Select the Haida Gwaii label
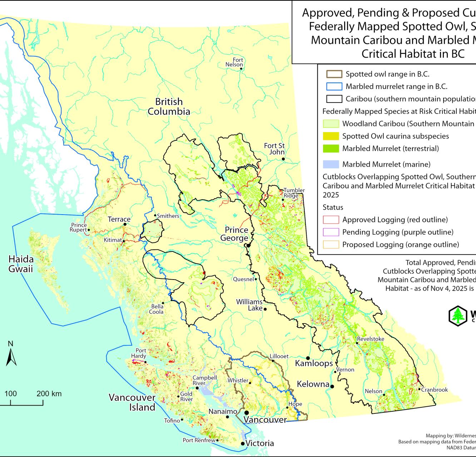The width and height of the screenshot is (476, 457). [x=21, y=264]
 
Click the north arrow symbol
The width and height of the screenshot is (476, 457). [x=11, y=353]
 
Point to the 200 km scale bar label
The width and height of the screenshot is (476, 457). [x=49, y=394]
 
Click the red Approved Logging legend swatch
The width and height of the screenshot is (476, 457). [x=331, y=220]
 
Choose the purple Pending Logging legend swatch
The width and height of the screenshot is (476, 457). [x=331, y=232]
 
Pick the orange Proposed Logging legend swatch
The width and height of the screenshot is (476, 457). [x=331, y=245]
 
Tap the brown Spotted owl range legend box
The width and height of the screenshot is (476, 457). [x=334, y=74]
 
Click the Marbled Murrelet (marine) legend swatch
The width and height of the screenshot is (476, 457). [x=331, y=164]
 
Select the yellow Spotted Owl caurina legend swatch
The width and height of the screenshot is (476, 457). [x=331, y=136]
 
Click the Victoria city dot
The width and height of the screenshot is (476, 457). [x=243, y=444]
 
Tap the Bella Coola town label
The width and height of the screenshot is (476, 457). [x=157, y=309]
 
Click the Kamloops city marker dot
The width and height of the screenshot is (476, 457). [x=307, y=358]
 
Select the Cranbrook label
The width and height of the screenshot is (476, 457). [x=434, y=390]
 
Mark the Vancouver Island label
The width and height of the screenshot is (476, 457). [x=132, y=402]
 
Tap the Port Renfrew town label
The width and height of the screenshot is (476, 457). [x=199, y=440]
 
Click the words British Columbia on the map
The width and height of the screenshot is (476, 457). [x=169, y=106]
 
